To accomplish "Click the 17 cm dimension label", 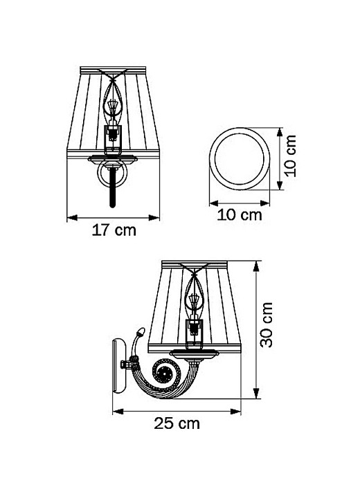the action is pyautogui.click(x=114, y=230).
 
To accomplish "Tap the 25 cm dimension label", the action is pyautogui.click(x=177, y=423).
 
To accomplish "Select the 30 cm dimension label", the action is pyautogui.click(x=267, y=324).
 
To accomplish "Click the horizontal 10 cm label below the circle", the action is pyautogui.click(x=240, y=215).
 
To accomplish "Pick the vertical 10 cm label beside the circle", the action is pyautogui.click(x=290, y=156).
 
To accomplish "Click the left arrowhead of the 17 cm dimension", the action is pyautogui.click(x=72, y=218).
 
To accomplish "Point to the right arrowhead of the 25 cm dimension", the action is pyautogui.click(x=235, y=412).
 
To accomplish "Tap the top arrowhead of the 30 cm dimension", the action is pyautogui.click(x=256, y=266).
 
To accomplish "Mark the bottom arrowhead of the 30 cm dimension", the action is pyautogui.click(x=256, y=393).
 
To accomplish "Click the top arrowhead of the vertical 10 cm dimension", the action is pyautogui.click(x=280, y=132).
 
